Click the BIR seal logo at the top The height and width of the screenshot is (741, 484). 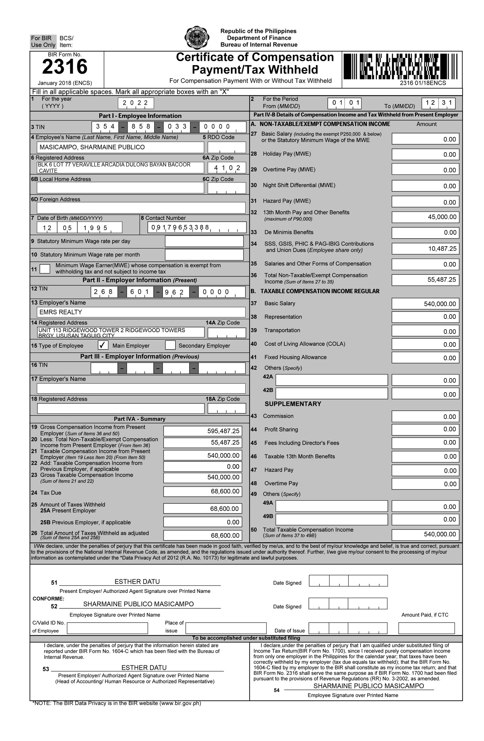tap(197, 38)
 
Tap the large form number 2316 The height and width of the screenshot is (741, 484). tap(65, 67)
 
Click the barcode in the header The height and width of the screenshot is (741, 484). tap(401, 66)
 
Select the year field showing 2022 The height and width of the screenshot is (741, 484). tap(136, 103)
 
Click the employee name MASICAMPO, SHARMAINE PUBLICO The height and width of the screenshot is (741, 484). tap(120, 147)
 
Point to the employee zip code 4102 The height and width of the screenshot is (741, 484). tap(227, 168)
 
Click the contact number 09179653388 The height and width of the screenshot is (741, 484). tap(197, 228)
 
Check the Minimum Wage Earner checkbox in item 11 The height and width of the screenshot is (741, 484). tap(45, 269)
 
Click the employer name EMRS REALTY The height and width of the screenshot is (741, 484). tap(141, 312)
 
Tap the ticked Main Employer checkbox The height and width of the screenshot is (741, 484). tap(103, 345)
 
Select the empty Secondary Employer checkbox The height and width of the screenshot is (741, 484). tap(170, 345)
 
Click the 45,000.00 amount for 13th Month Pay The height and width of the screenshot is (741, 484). tap(425, 217)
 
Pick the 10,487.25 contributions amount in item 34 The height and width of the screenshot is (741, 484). tap(425, 248)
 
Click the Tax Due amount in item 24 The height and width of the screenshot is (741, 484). tap(202, 491)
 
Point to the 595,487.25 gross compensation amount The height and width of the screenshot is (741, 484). tap(202, 431)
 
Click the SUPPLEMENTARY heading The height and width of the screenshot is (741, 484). tap(293, 404)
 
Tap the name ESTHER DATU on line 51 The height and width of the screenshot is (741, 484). tap(137, 582)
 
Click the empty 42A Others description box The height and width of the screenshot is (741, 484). tap(332, 380)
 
